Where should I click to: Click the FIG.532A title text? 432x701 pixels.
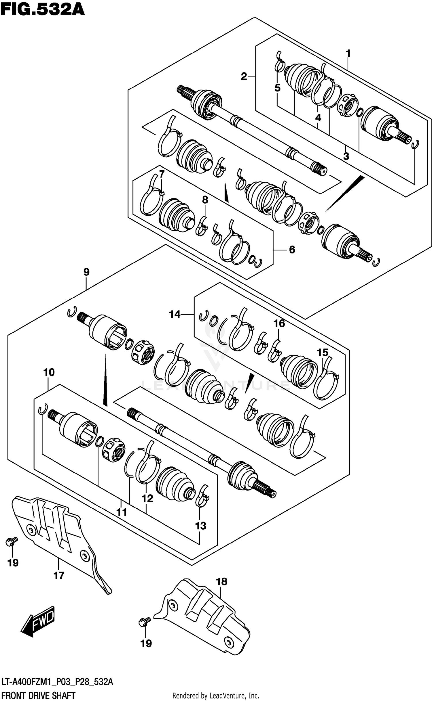43,9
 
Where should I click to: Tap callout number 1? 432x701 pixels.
348,53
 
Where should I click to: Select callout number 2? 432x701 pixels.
244,76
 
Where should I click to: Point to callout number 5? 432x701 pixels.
277,88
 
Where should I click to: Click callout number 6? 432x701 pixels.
292,250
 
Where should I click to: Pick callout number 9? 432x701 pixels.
86,272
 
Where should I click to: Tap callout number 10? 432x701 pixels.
49,372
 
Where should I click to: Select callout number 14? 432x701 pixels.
175,314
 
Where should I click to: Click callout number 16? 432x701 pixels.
279,323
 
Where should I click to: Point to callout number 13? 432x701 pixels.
201,526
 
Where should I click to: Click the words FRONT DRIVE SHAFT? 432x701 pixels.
38,693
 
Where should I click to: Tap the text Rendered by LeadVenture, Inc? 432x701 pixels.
215,694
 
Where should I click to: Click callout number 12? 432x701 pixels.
147,498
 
